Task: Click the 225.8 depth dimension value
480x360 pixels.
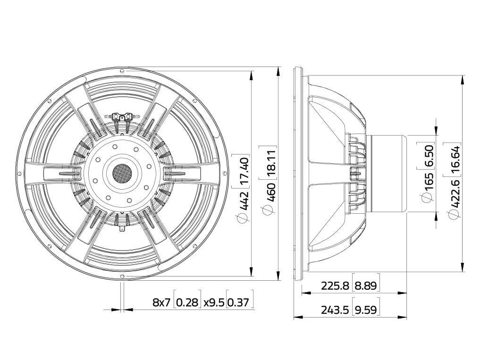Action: pyautogui.click(x=335, y=286)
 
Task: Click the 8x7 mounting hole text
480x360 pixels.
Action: pyautogui.click(x=161, y=302)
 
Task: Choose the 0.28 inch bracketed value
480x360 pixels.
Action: pyautogui.click(x=188, y=302)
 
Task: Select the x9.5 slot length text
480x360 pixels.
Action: pyautogui.click(x=214, y=302)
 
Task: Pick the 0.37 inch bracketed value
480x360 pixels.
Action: pyautogui.click(x=240, y=302)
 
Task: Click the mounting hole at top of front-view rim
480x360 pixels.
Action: pyautogui.click(x=122, y=71)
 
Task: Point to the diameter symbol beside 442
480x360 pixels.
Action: pyautogui.click(x=243, y=218)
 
